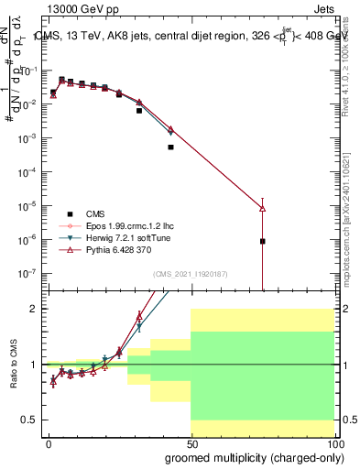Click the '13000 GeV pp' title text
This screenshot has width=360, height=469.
75,8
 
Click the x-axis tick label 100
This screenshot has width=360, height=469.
333,443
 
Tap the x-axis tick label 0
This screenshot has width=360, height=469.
49,443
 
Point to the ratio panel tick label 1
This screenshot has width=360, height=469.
33,365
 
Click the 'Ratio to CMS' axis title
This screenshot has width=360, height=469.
14,364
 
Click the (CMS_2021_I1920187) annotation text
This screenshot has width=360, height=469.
191,273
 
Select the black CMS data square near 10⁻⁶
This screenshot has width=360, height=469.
262,242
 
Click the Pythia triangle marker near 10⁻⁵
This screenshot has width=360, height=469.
262,209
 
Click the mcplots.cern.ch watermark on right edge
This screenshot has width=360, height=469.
353,229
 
